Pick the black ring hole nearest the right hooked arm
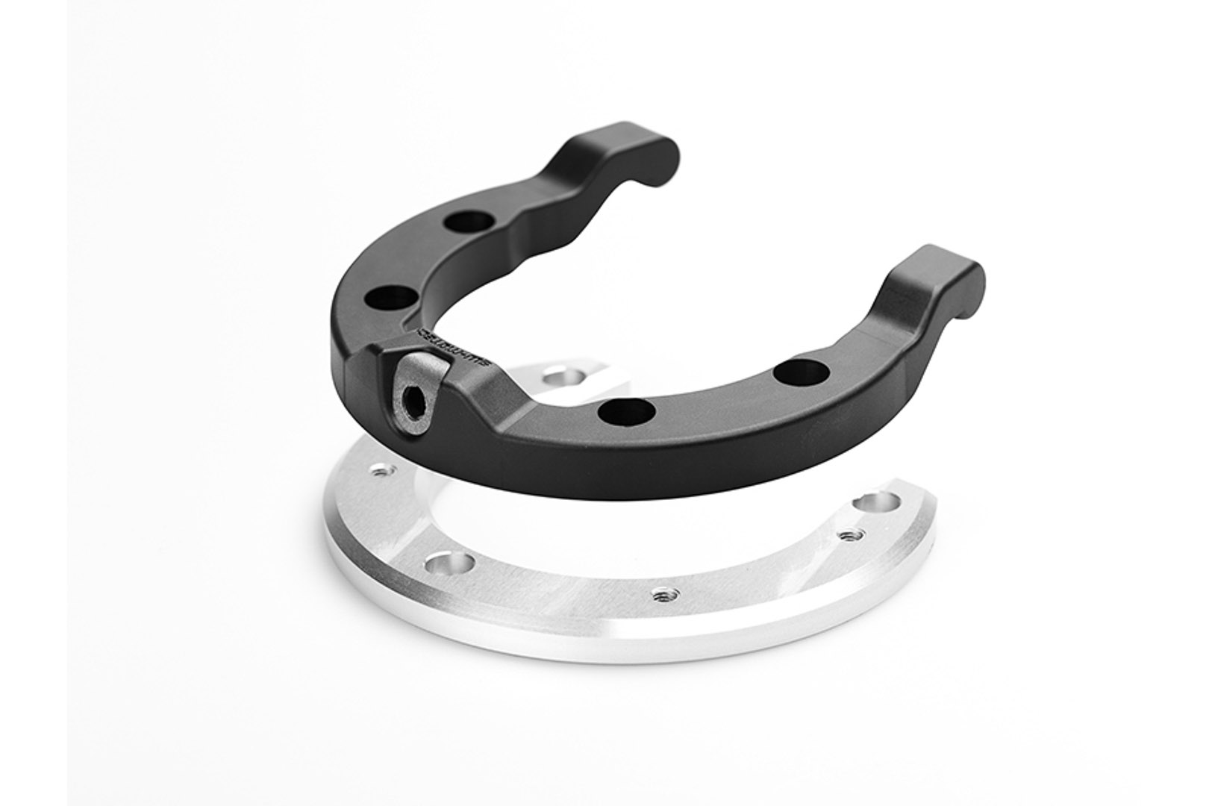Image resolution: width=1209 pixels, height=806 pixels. tap(802, 372)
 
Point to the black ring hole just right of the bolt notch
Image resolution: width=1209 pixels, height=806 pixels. tap(626, 411)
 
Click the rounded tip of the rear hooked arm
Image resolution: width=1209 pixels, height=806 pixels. tap(664, 153)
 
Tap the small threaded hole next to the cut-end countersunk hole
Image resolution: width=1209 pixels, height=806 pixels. tap(852, 534)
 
